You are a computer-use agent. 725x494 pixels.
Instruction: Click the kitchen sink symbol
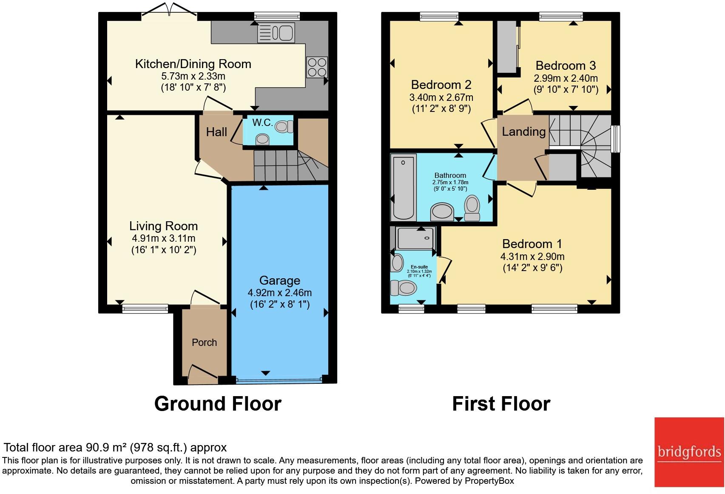click(276, 33)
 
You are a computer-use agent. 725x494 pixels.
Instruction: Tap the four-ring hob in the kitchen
click(317, 67)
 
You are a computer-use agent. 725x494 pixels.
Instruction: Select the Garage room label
click(279, 280)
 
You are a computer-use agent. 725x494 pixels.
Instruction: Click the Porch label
click(204, 343)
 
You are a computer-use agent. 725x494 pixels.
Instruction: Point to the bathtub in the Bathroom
click(403, 188)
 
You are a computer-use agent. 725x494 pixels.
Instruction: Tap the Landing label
click(523, 131)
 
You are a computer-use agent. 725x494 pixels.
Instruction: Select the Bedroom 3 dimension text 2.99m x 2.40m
click(566, 78)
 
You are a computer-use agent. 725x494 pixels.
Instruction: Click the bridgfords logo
click(689, 452)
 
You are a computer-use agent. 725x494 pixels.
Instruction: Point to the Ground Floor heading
click(218, 403)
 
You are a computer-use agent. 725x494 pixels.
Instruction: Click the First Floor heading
click(501, 403)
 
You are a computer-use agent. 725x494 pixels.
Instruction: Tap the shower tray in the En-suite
click(415, 239)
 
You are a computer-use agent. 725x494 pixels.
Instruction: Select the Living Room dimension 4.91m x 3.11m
click(163, 238)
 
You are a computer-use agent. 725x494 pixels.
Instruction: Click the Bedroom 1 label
click(532, 244)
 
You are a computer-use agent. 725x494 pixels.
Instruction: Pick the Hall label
click(216, 132)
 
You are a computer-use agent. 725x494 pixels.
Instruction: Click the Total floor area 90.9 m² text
click(115, 448)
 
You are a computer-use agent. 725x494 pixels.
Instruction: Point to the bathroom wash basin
click(442, 211)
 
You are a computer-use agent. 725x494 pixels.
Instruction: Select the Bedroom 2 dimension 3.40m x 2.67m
click(441, 97)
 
